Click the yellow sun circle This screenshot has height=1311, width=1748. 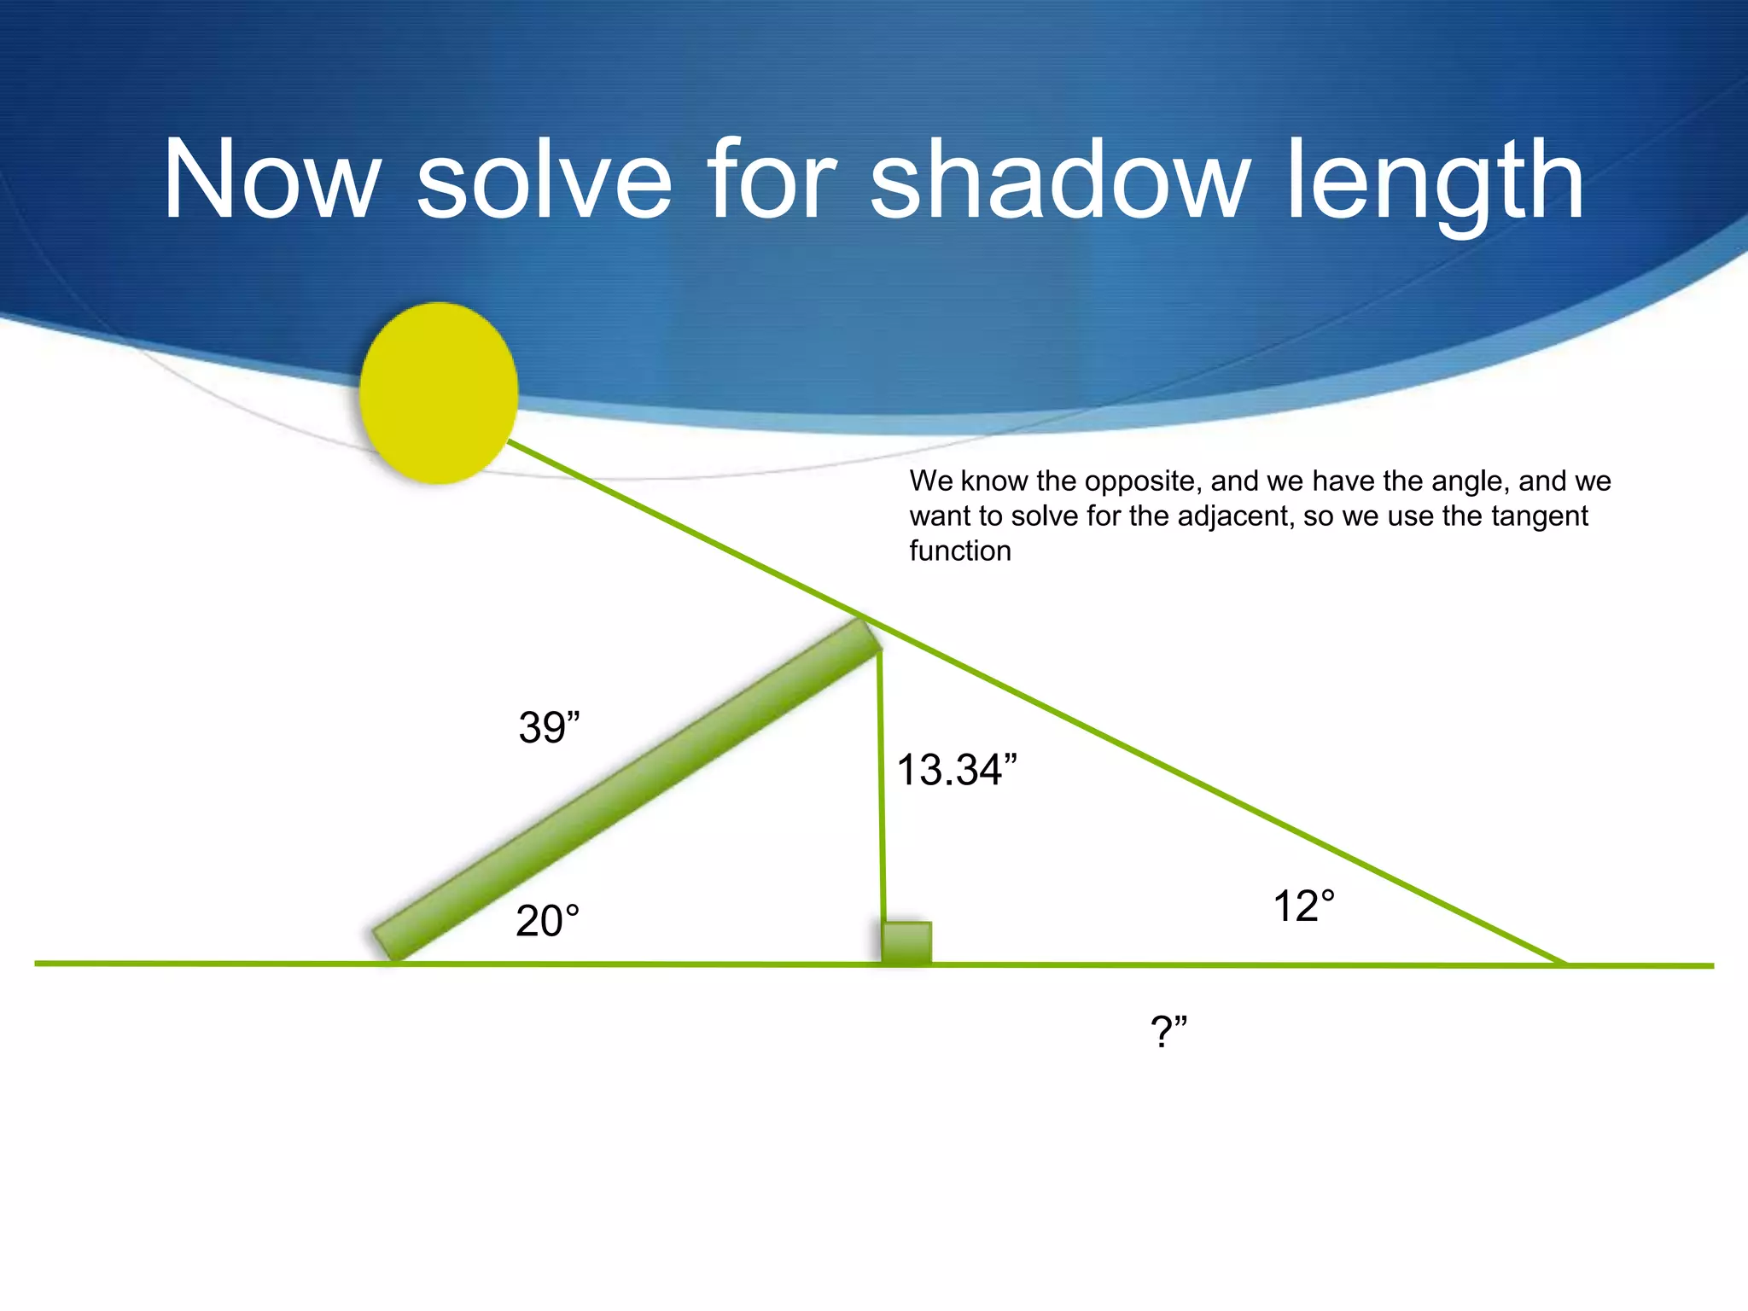438,393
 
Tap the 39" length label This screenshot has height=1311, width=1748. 549,728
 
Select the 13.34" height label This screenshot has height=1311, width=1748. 956,770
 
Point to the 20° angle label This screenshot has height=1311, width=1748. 547,922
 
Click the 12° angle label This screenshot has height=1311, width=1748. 1303,906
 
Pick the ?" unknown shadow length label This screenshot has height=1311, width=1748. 1168,1032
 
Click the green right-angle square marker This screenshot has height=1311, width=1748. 906,943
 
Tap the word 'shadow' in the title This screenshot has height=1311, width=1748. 1059,181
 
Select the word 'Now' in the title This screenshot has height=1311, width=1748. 271,181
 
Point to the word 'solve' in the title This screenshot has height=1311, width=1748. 544,181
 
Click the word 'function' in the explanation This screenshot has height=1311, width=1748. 960,551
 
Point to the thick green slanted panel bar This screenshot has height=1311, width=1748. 627,790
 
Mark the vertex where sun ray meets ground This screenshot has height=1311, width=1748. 1565,964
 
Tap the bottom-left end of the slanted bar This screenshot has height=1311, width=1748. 386,945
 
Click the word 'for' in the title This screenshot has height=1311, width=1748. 770,181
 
